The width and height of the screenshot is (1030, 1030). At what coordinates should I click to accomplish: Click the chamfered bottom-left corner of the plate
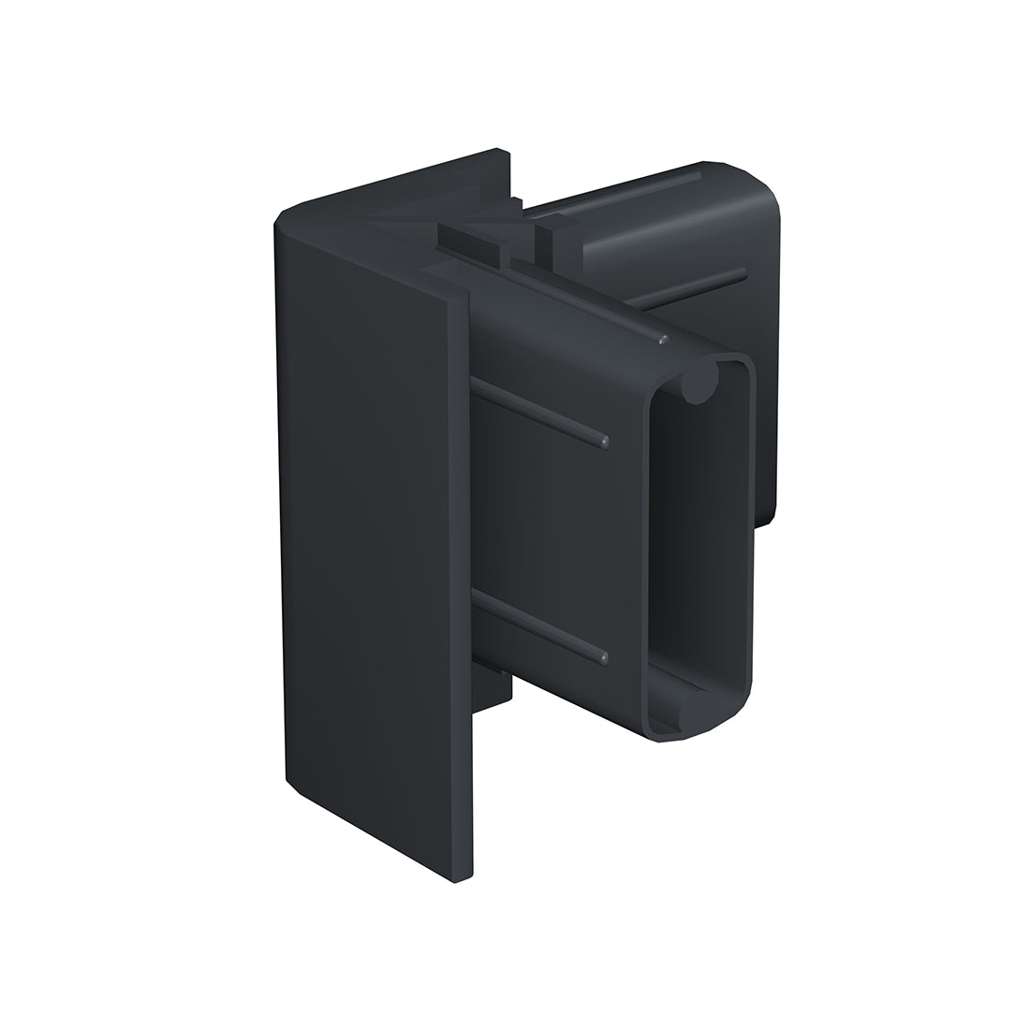click(x=291, y=785)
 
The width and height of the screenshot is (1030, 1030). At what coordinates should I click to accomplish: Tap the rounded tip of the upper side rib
click(x=604, y=439)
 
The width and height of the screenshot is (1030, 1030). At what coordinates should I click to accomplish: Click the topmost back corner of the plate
click(x=501, y=150)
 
